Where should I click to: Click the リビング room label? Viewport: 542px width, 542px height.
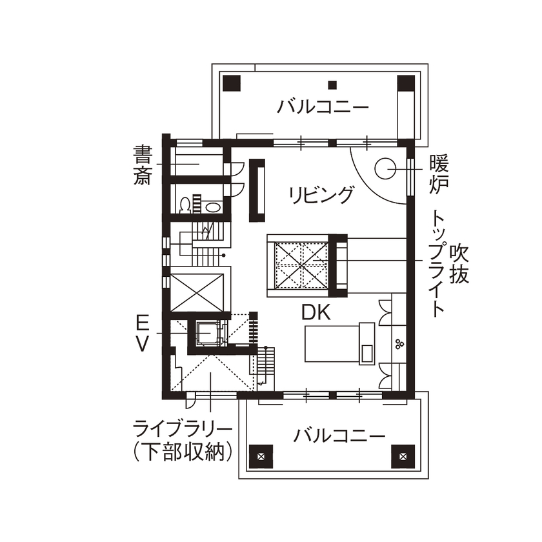pos(321,194)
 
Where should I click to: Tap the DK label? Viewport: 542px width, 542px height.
pos(316,313)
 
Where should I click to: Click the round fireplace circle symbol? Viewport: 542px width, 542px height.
pos(386,168)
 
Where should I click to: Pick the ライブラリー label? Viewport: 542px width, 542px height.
pos(183,428)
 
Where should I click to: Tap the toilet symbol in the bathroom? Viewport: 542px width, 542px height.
pos(186,205)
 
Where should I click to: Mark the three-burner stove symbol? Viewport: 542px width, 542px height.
pos(399,343)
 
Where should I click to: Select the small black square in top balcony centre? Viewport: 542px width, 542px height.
pos(332,84)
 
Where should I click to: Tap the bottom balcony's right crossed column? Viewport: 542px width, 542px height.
pos(403,456)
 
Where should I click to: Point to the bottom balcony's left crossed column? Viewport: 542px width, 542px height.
pos(261,456)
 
